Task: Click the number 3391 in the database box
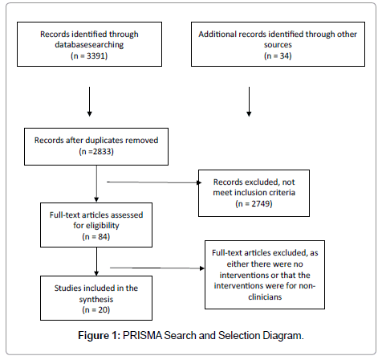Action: click(x=95, y=55)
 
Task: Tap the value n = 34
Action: click(x=278, y=55)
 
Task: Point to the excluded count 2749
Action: click(x=261, y=203)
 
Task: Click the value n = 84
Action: click(x=96, y=236)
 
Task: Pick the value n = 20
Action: click(x=96, y=309)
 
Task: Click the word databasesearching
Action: click(x=89, y=44)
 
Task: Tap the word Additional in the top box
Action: click(x=217, y=35)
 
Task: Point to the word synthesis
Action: click(x=96, y=299)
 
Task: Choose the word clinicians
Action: click(x=265, y=297)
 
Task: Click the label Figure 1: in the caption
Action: click(x=99, y=335)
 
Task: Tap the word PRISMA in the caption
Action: click(x=142, y=335)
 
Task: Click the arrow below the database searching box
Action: click(x=90, y=101)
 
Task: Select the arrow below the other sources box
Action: click(x=249, y=101)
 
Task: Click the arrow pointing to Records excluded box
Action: click(x=154, y=182)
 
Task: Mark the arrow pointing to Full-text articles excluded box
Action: click(x=157, y=268)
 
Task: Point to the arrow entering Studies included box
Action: click(x=96, y=261)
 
